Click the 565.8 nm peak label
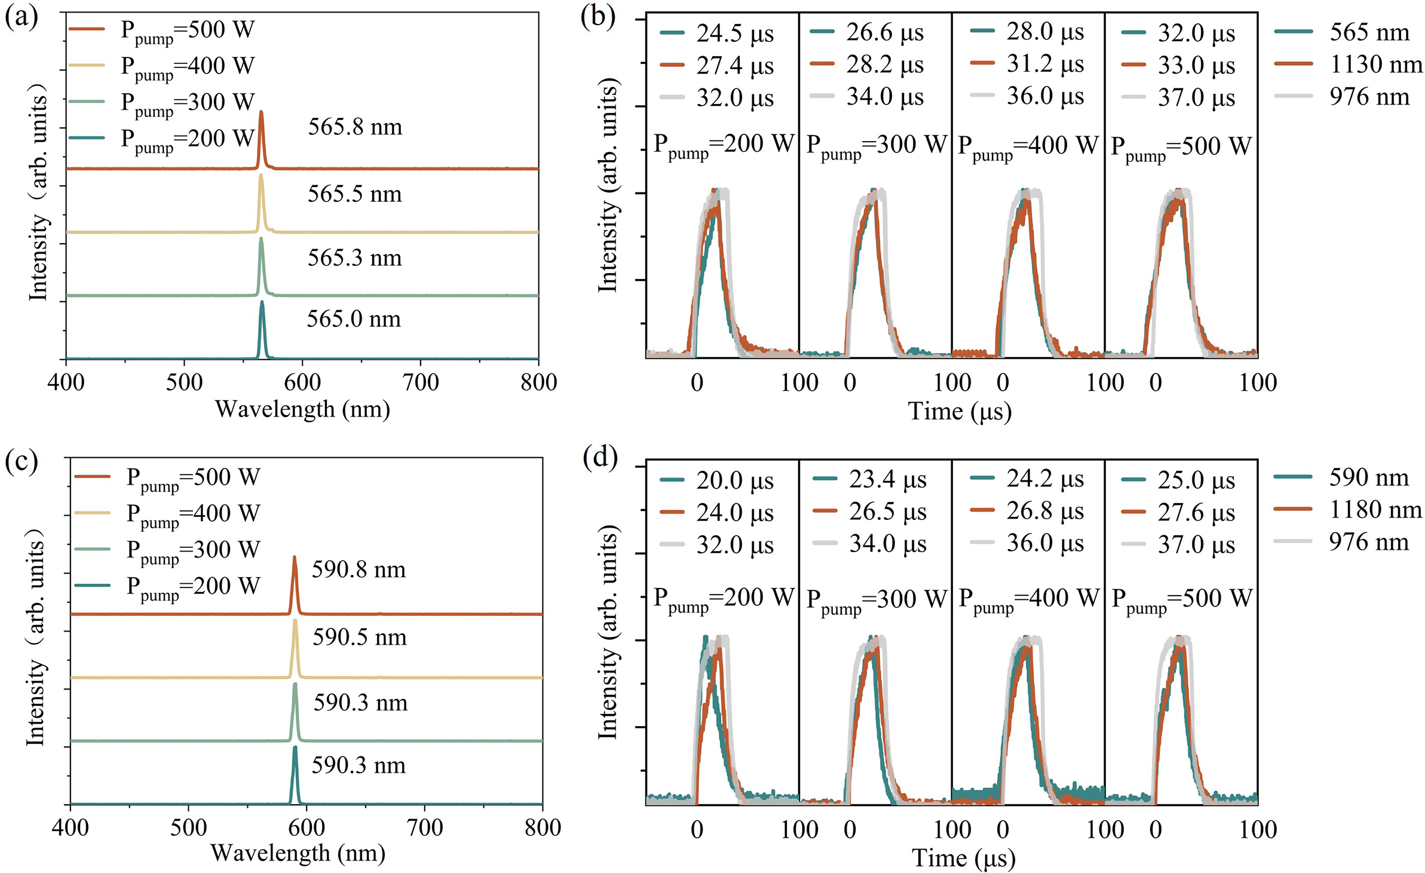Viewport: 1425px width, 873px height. click(x=355, y=127)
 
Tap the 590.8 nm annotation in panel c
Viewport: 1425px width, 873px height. click(x=358, y=570)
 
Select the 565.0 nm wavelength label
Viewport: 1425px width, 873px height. click(x=354, y=319)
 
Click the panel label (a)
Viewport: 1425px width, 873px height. click(x=21, y=16)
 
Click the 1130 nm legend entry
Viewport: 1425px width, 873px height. click(x=1375, y=65)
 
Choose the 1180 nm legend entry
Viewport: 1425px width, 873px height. click(x=1375, y=510)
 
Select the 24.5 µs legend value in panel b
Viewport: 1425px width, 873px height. click(x=734, y=34)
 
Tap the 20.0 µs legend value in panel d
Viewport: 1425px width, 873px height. click(x=734, y=481)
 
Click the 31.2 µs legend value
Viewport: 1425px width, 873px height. click(x=1044, y=64)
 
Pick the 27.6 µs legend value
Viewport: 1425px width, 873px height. click(x=1196, y=513)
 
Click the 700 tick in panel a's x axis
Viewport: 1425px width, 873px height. click(x=421, y=382)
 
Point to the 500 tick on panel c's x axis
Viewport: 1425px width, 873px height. click(x=189, y=828)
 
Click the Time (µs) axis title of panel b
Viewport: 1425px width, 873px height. click(x=960, y=412)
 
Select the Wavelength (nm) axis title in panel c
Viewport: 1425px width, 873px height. click(x=298, y=853)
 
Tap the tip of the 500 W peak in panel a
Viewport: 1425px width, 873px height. click(x=261, y=112)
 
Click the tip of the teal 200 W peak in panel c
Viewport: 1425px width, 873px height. click(x=295, y=747)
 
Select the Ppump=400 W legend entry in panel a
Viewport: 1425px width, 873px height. click(x=188, y=66)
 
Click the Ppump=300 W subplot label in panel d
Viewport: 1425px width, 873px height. click(x=876, y=599)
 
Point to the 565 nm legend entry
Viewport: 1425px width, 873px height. click(x=1369, y=32)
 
